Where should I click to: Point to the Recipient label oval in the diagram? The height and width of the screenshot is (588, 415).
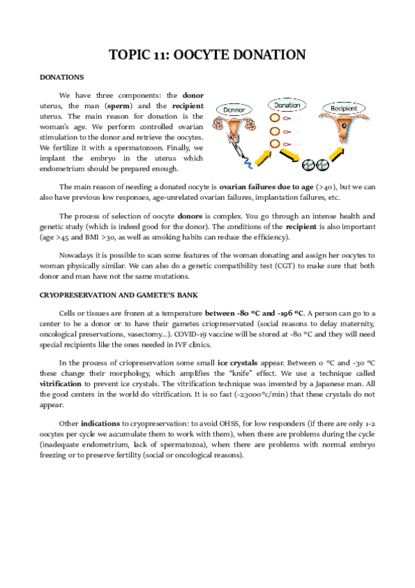pos(344,110)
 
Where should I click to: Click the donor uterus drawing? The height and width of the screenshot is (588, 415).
pos(236,129)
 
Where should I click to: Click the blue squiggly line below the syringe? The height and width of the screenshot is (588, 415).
pos(245,165)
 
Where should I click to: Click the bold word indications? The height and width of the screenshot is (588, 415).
pos(100,422)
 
